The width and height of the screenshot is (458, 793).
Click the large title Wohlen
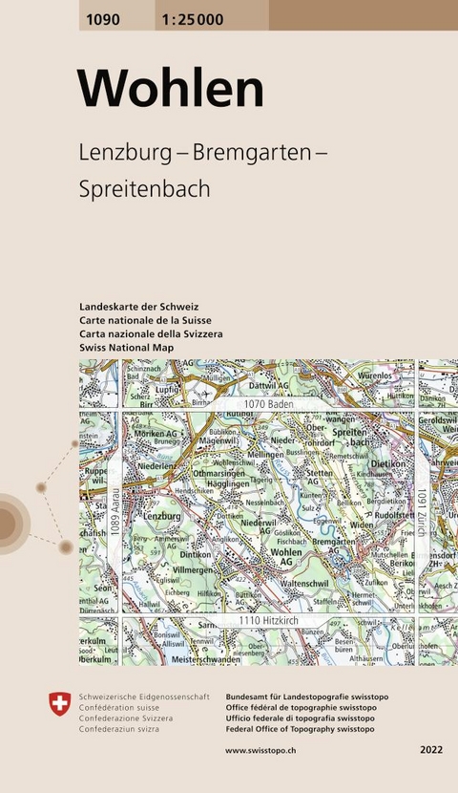click(171, 89)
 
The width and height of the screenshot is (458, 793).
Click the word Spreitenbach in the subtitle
click(145, 188)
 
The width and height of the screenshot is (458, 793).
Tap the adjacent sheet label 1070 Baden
click(259, 405)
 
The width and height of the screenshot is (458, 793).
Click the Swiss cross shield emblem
click(59, 704)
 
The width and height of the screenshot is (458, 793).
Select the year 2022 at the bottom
click(431, 752)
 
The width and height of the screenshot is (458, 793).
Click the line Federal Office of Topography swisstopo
click(300, 729)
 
